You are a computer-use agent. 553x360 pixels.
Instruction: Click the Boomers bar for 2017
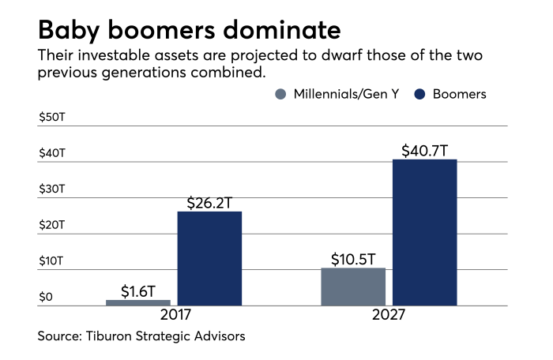point(209,258)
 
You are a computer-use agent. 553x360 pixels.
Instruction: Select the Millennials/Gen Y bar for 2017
point(138,302)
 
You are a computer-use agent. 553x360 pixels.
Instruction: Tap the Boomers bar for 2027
point(425,232)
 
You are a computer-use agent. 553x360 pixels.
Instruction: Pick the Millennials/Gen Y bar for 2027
point(353,287)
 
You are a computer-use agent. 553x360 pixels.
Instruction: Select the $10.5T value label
point(353,258)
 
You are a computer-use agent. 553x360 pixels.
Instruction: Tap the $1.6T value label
point(139,291)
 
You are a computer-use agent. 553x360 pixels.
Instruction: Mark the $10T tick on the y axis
point(51,261)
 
